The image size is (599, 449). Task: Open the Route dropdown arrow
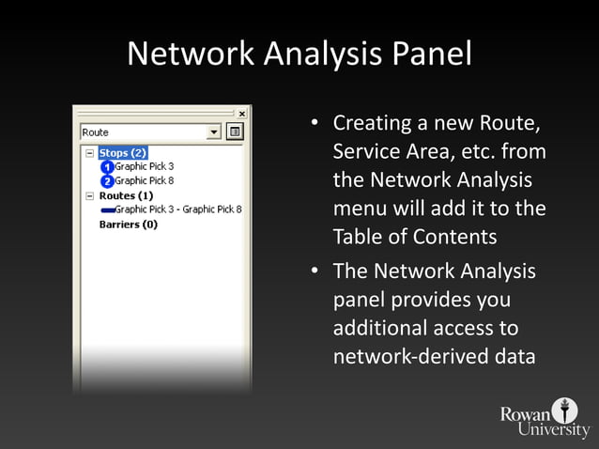pos(215,132)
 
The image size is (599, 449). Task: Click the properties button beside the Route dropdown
pos(235,132)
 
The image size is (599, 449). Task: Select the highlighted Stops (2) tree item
pos(122,152)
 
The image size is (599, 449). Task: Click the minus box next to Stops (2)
pos(89,152)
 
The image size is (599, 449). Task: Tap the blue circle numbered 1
pos(107,167)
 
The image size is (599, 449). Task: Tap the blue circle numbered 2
pos(107,181)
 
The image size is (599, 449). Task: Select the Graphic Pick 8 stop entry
pos(144,180)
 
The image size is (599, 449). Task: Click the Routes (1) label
pos(126,195)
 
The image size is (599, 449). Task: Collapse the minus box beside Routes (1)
pos(89,195)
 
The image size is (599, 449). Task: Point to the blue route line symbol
pos(107,210)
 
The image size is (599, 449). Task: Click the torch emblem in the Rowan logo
pos(565,410)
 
